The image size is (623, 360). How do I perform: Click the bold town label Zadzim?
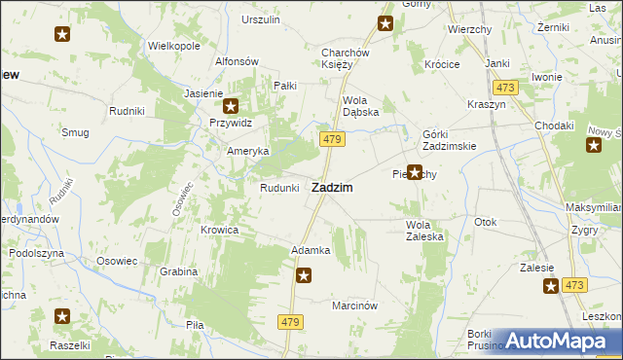click(x=331, y=187)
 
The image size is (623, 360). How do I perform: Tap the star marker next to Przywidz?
click(x=231, y=107)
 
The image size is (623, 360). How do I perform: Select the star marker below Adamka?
click(x=304, y=276)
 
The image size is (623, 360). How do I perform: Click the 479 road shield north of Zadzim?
click(x=331, y=140)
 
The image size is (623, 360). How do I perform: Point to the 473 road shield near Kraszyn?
click(x=505, y=88)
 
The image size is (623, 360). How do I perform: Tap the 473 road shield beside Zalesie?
click(x=574, y=285)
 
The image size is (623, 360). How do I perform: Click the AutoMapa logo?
click(x=559, y=341)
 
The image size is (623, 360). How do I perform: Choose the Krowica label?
click(x=219, y=230)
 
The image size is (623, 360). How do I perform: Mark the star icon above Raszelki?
click(x=62, y=316)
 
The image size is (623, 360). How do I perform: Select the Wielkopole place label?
click(x=173, y=46)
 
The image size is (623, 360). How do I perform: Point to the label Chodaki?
click(x=553, y=126)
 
